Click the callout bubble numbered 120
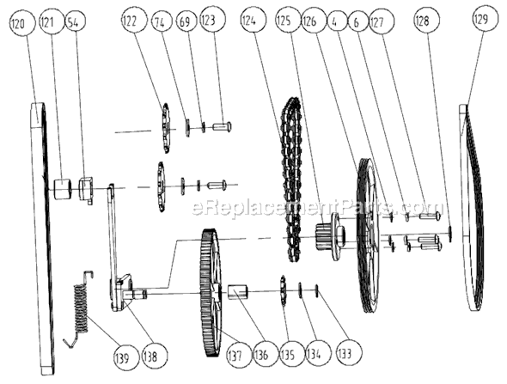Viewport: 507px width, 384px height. pos(17,25)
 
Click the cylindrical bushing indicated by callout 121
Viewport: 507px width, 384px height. pos(62,186)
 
